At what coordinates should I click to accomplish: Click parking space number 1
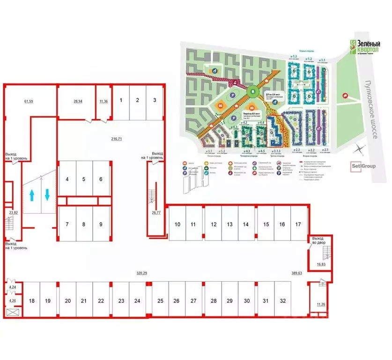[121, 100]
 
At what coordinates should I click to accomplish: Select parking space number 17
[298, 225]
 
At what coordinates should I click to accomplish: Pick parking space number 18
[32, 301]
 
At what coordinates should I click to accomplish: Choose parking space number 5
[84, 179]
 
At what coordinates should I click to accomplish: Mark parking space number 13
[230, 225]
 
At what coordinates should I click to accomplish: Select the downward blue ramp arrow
[48, 194]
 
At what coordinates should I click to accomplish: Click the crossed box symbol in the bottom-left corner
[12, 312]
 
